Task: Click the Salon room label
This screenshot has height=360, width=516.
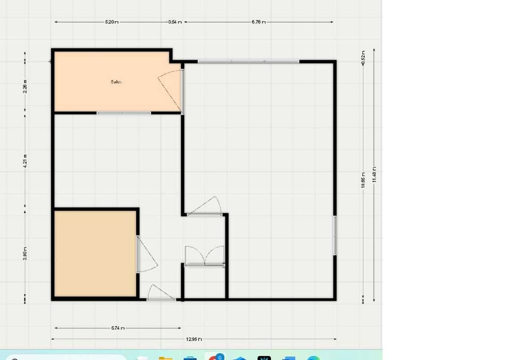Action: pos(116,82)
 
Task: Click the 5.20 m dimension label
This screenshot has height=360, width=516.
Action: pos(111,22)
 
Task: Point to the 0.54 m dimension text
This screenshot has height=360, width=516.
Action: pos(175,22)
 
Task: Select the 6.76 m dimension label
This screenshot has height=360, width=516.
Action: pos(259,22)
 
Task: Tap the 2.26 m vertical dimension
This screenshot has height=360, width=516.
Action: pos(25,86)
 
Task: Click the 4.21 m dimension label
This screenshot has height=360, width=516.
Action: pos(25,161)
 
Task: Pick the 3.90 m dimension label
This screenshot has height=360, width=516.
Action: pos(25,254)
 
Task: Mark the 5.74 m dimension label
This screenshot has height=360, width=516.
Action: pos(118,328)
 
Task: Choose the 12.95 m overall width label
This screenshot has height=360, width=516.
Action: pos(193,339)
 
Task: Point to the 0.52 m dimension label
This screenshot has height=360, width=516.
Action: pos(363,57)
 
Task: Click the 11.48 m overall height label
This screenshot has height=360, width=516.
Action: pos(374,175)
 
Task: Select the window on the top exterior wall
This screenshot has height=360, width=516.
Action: pos(248,61)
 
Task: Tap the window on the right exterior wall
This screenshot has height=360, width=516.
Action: pos(335,235)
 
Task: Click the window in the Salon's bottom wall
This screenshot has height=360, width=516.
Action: pos(124,113)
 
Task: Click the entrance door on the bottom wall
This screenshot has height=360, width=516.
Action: pos(161,293)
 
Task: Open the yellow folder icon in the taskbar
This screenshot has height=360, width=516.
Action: pos(165,357)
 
